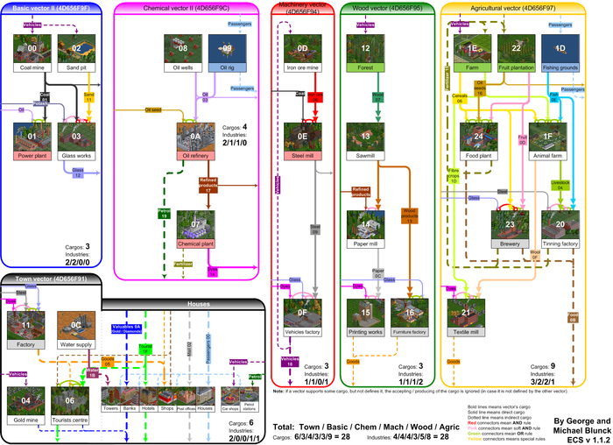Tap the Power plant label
click(x=32, y=154)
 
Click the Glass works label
click(x=77, y=154)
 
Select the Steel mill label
click(x=302, y=155)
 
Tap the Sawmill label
click(x=366, y=155)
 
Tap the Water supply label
click(x=76, y=343)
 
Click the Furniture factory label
click(x=409, y=332)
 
